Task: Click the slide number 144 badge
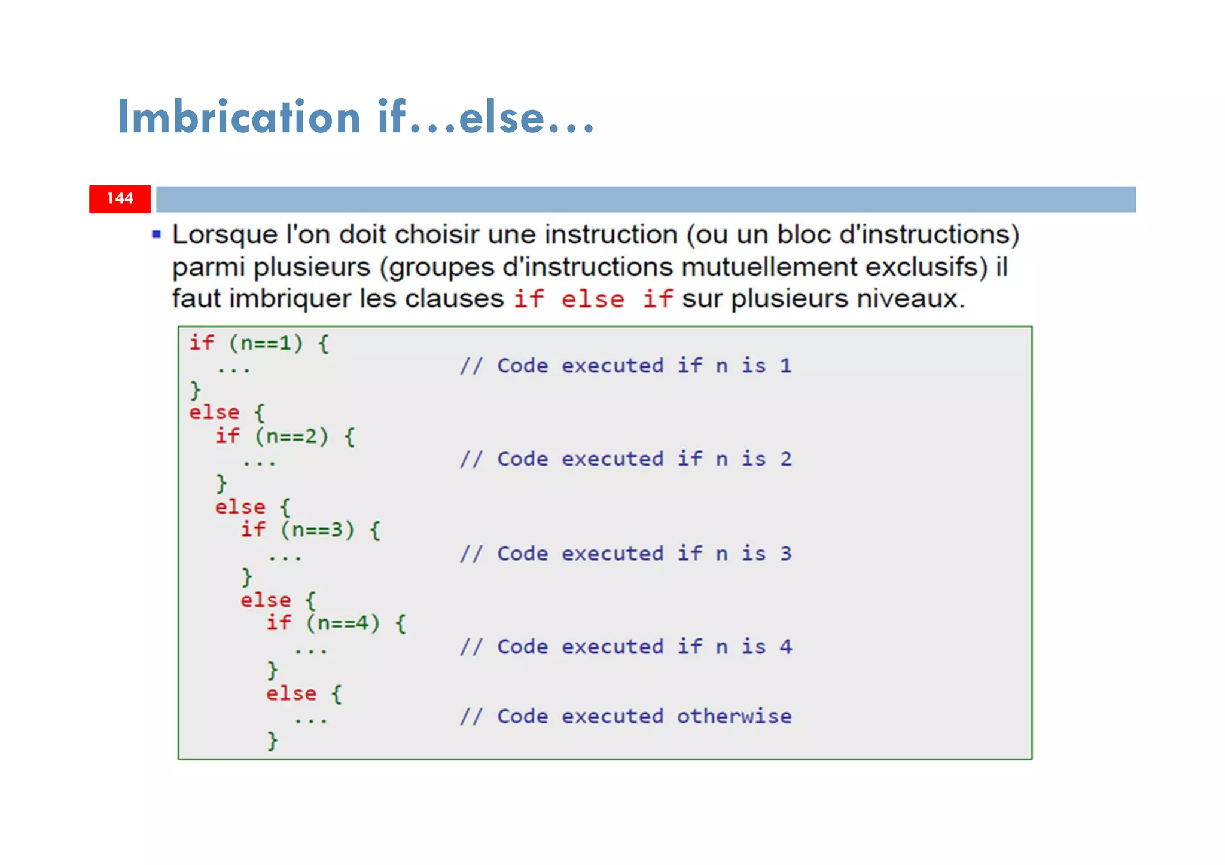coord(120,198)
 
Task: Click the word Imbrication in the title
coord(239,117)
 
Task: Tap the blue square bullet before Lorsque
coord(157,234)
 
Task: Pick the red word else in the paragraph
coord(592,299)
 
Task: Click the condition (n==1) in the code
coord(266,343)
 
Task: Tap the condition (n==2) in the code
coord(291,436)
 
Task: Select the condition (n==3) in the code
coord(317,530)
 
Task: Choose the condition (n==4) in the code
coord(343,623)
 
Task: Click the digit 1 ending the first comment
coord(785,365)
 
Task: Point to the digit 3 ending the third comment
coord(785,553)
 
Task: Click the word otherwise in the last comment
coord(734,716)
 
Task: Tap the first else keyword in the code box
coord(214,412)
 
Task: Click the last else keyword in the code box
coord(291,693)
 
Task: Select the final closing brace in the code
coord(272,741)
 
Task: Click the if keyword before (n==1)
coord(202,343)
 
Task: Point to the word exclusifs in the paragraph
coord(926,267)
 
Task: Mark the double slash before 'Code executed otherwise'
coord(471,716)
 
